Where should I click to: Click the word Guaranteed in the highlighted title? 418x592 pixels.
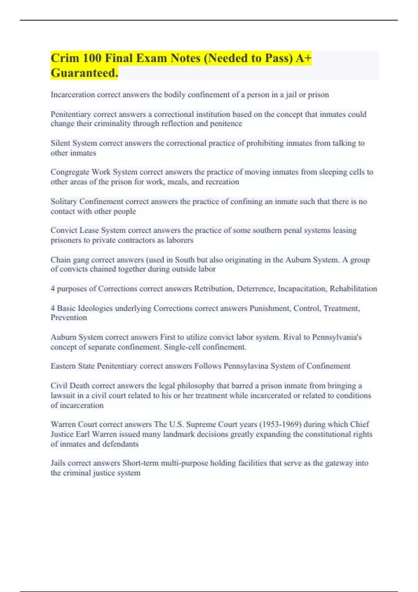(x=84, y=73)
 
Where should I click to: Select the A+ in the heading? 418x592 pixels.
(x=303, y=58)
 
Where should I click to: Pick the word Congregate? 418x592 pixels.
(x=70, y=172)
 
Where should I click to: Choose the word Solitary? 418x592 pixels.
(x=64, y=202)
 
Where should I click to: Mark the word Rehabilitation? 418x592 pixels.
(x=353, y=289)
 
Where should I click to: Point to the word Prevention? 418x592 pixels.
(x=69, y=318)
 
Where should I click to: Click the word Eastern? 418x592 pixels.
(x=63, y=366)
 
